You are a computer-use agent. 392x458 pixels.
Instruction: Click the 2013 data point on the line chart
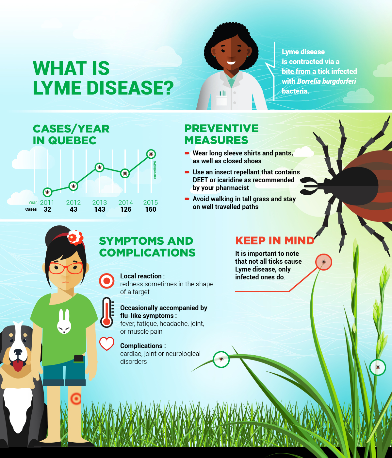point(100,167)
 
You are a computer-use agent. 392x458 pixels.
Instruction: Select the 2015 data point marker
point(151,154)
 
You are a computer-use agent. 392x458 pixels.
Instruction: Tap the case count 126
point(126,209)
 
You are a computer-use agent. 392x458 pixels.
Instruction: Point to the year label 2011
point(47,202)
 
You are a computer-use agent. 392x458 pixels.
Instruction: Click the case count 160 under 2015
point(151,209)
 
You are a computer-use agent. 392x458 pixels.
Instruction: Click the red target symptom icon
point(106,281)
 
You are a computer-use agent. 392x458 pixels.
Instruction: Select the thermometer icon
point(107,312)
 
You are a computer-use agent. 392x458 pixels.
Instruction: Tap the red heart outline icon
point(107,344)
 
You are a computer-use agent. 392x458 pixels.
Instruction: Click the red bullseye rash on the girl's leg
point(76,399)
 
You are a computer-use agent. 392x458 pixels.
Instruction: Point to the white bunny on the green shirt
point(64,322)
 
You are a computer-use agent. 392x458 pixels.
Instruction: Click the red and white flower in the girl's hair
point(75,238)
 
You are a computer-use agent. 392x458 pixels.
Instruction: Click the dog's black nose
point(18,352)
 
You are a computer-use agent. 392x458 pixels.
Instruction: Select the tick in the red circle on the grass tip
point(324,262)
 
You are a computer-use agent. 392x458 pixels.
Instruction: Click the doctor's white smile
point(231,63)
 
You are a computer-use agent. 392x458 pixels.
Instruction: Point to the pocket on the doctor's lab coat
point(221,100)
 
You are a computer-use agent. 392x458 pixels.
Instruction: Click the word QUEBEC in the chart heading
point(72,140)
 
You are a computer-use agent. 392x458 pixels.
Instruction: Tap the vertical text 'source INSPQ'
point(155,170)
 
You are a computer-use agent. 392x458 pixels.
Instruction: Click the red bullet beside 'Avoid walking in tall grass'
point(187,199)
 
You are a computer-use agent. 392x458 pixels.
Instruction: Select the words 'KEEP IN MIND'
point(275,241)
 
